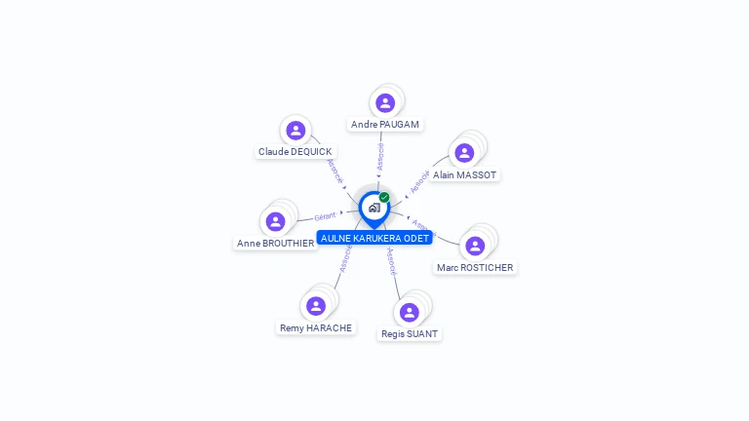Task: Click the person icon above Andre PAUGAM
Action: [385, 102]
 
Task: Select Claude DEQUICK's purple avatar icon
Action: [296, 130]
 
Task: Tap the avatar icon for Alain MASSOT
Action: [464, 153]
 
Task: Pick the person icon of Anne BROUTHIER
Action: [276, 221]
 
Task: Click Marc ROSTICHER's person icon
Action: [475, 246]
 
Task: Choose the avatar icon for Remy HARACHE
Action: [315, 306]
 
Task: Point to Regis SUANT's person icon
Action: [409, 312]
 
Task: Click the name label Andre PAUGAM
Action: [385, 125]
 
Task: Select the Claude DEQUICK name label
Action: [296, 152]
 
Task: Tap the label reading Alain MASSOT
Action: [465, 175]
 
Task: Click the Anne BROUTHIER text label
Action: [276, 244]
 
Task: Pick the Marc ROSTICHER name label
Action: [475, 268]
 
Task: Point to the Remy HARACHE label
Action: [316, 328]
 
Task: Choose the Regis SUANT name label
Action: [410, 334]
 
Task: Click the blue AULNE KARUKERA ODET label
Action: [374, 238]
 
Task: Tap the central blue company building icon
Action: [374, 207]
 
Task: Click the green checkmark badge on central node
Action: [384, 197]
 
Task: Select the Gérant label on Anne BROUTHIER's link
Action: [325, 215]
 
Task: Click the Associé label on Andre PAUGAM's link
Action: [380, 156]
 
